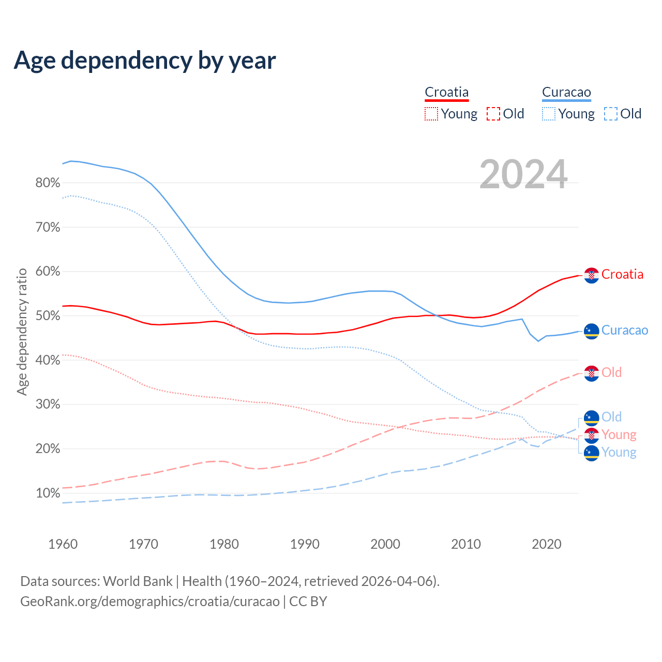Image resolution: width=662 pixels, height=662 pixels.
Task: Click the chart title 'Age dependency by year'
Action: tap(145, 61)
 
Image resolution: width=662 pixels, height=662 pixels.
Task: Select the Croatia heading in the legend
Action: tap(446, 93)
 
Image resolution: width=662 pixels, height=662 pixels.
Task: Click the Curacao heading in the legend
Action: tap(566, 93)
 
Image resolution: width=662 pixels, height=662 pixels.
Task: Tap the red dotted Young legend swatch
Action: tap(431, 114)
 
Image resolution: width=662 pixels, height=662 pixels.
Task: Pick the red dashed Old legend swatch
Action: tap(493, 114)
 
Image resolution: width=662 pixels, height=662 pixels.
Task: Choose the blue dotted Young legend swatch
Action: tap(549, 114)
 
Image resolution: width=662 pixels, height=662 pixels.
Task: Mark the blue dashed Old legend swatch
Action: tap(611, 114)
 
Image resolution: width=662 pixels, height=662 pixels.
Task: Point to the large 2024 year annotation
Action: tap(523, 174)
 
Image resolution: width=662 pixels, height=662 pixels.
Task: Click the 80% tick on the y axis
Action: tap(48, 183)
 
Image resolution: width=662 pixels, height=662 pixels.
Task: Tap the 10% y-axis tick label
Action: tap(48, 493)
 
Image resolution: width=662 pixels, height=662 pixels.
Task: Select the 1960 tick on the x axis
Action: tap(63, 544)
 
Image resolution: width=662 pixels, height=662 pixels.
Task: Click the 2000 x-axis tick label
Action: tap(385, 544)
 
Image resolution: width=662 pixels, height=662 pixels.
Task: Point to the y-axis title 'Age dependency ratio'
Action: tap(22, 332)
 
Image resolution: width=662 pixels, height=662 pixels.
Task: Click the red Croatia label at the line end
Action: tap(622, 275)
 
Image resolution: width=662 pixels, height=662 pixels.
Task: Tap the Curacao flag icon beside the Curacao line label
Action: tap(592, 331)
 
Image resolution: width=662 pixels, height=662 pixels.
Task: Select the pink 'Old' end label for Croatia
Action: tap(611, 372)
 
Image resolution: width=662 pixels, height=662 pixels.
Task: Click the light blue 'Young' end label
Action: tap(619, 453)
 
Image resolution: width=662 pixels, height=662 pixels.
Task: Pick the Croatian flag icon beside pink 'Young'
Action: tap(592, 435)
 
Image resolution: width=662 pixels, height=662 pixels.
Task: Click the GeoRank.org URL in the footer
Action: tap(150, 601)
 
